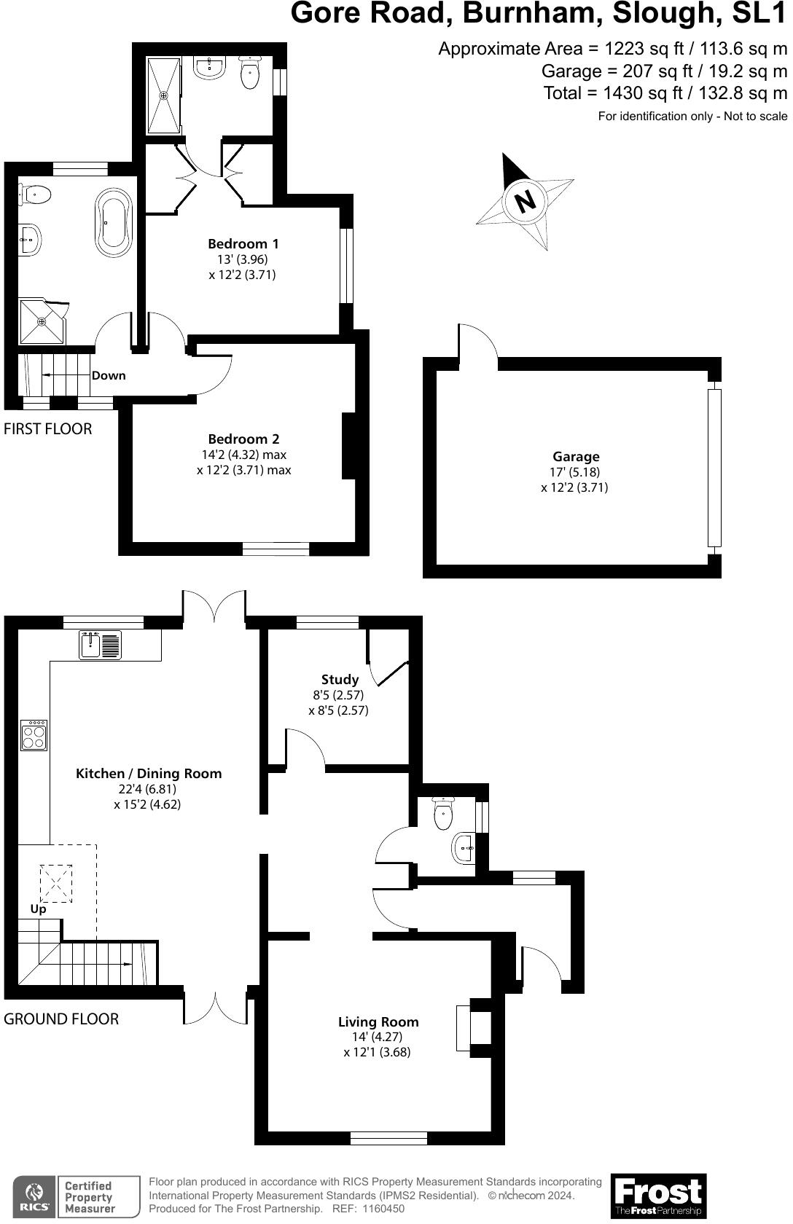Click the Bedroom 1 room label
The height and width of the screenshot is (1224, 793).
pos(243,244)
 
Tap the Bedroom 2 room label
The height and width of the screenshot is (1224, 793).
pos(243,439)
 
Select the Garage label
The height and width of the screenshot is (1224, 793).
pos(576,457)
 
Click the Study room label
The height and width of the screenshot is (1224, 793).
pos(340,680)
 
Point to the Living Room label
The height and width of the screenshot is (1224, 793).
pos(378,1022)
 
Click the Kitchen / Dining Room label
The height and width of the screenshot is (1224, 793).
pos(149,774)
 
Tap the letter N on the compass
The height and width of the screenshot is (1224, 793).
pos(526,200)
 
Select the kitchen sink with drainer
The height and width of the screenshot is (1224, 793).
pos(101,646)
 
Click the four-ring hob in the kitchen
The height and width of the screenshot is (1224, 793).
pos(34,735)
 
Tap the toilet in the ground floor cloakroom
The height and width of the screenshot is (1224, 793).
pos(443,813)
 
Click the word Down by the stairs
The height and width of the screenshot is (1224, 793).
pos(109,376)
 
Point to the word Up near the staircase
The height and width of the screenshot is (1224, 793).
pos(38,909)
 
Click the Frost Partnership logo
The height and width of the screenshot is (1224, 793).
pos(658,1195)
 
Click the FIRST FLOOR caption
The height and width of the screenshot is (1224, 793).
pos(48,429)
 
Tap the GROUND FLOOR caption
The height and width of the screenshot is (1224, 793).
pos(61,1019)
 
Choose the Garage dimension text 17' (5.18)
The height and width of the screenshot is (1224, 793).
pos(576,472)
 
